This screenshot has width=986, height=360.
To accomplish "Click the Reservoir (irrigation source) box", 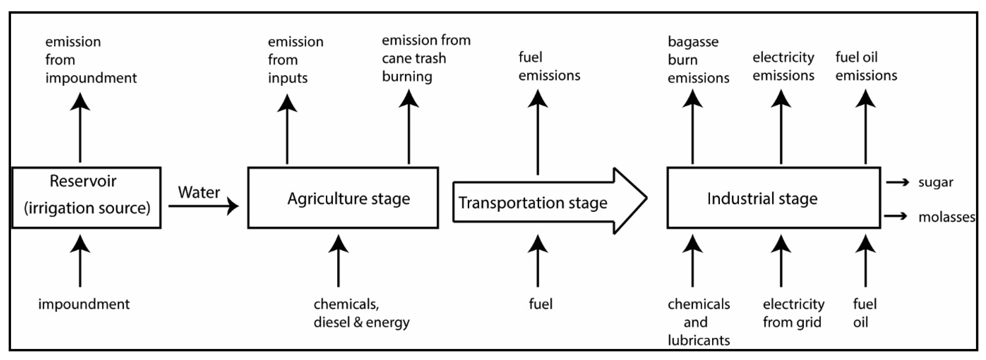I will point(86,197).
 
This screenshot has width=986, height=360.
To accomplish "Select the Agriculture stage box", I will point(343,198).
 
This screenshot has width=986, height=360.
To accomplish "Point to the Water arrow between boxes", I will point(203,206).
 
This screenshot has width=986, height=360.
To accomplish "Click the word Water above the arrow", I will point(199,192).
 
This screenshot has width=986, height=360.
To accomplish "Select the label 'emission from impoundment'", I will point(91,60).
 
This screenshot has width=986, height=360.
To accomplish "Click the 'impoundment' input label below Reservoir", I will point(84,304).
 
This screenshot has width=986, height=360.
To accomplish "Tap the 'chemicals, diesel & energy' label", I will point(361,313).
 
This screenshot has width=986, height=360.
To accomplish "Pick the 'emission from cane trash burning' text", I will point(426,58).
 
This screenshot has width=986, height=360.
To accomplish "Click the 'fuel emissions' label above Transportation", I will point(549,66).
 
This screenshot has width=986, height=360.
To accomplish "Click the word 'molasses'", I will point(946,217).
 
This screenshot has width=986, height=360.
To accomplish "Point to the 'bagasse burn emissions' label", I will point(698,60).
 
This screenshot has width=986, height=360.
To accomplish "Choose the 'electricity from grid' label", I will point(793,313).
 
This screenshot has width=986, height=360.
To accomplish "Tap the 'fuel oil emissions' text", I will point(866,66).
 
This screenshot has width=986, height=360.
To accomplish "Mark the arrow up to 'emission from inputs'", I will point(287,130).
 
